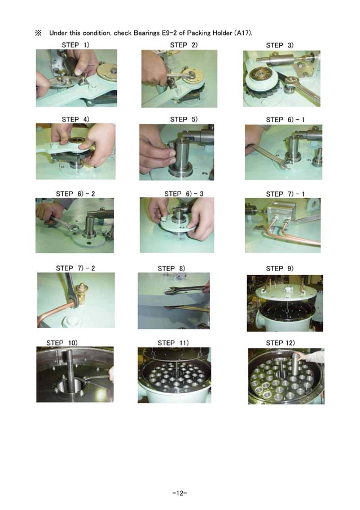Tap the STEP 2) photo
point(179,78)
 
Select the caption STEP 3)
point(279,45)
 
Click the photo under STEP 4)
point(75,151)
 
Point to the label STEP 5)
point(184,119)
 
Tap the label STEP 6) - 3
point(184,194)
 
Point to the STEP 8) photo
point(173,300)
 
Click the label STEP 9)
point(279,268)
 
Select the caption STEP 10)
point(62,342)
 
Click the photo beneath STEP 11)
point(174,374)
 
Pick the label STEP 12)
point(280,342)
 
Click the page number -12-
point(180,493)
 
